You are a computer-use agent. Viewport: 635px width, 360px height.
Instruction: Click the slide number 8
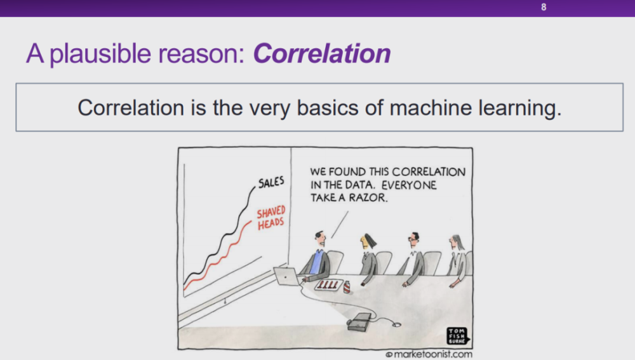544,7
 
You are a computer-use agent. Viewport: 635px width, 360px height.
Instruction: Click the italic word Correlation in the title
321,53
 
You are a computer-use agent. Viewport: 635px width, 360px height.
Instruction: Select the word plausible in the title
100,54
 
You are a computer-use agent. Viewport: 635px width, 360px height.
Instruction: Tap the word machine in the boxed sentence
431,108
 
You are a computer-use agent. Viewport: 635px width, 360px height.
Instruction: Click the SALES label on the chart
271,182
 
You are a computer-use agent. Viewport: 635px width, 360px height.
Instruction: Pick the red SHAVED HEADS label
271,218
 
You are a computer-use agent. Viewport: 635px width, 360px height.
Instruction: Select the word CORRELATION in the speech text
429,171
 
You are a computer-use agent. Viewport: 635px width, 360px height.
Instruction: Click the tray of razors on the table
329,285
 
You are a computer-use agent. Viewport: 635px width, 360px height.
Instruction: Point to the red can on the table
347,287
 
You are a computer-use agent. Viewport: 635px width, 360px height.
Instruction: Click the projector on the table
359,322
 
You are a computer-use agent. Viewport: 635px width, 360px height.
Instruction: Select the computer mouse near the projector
396,324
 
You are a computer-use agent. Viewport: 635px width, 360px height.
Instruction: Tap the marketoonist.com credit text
429,354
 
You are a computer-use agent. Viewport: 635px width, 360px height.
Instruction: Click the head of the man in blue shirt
320,239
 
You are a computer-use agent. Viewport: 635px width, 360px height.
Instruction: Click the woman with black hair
368,260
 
